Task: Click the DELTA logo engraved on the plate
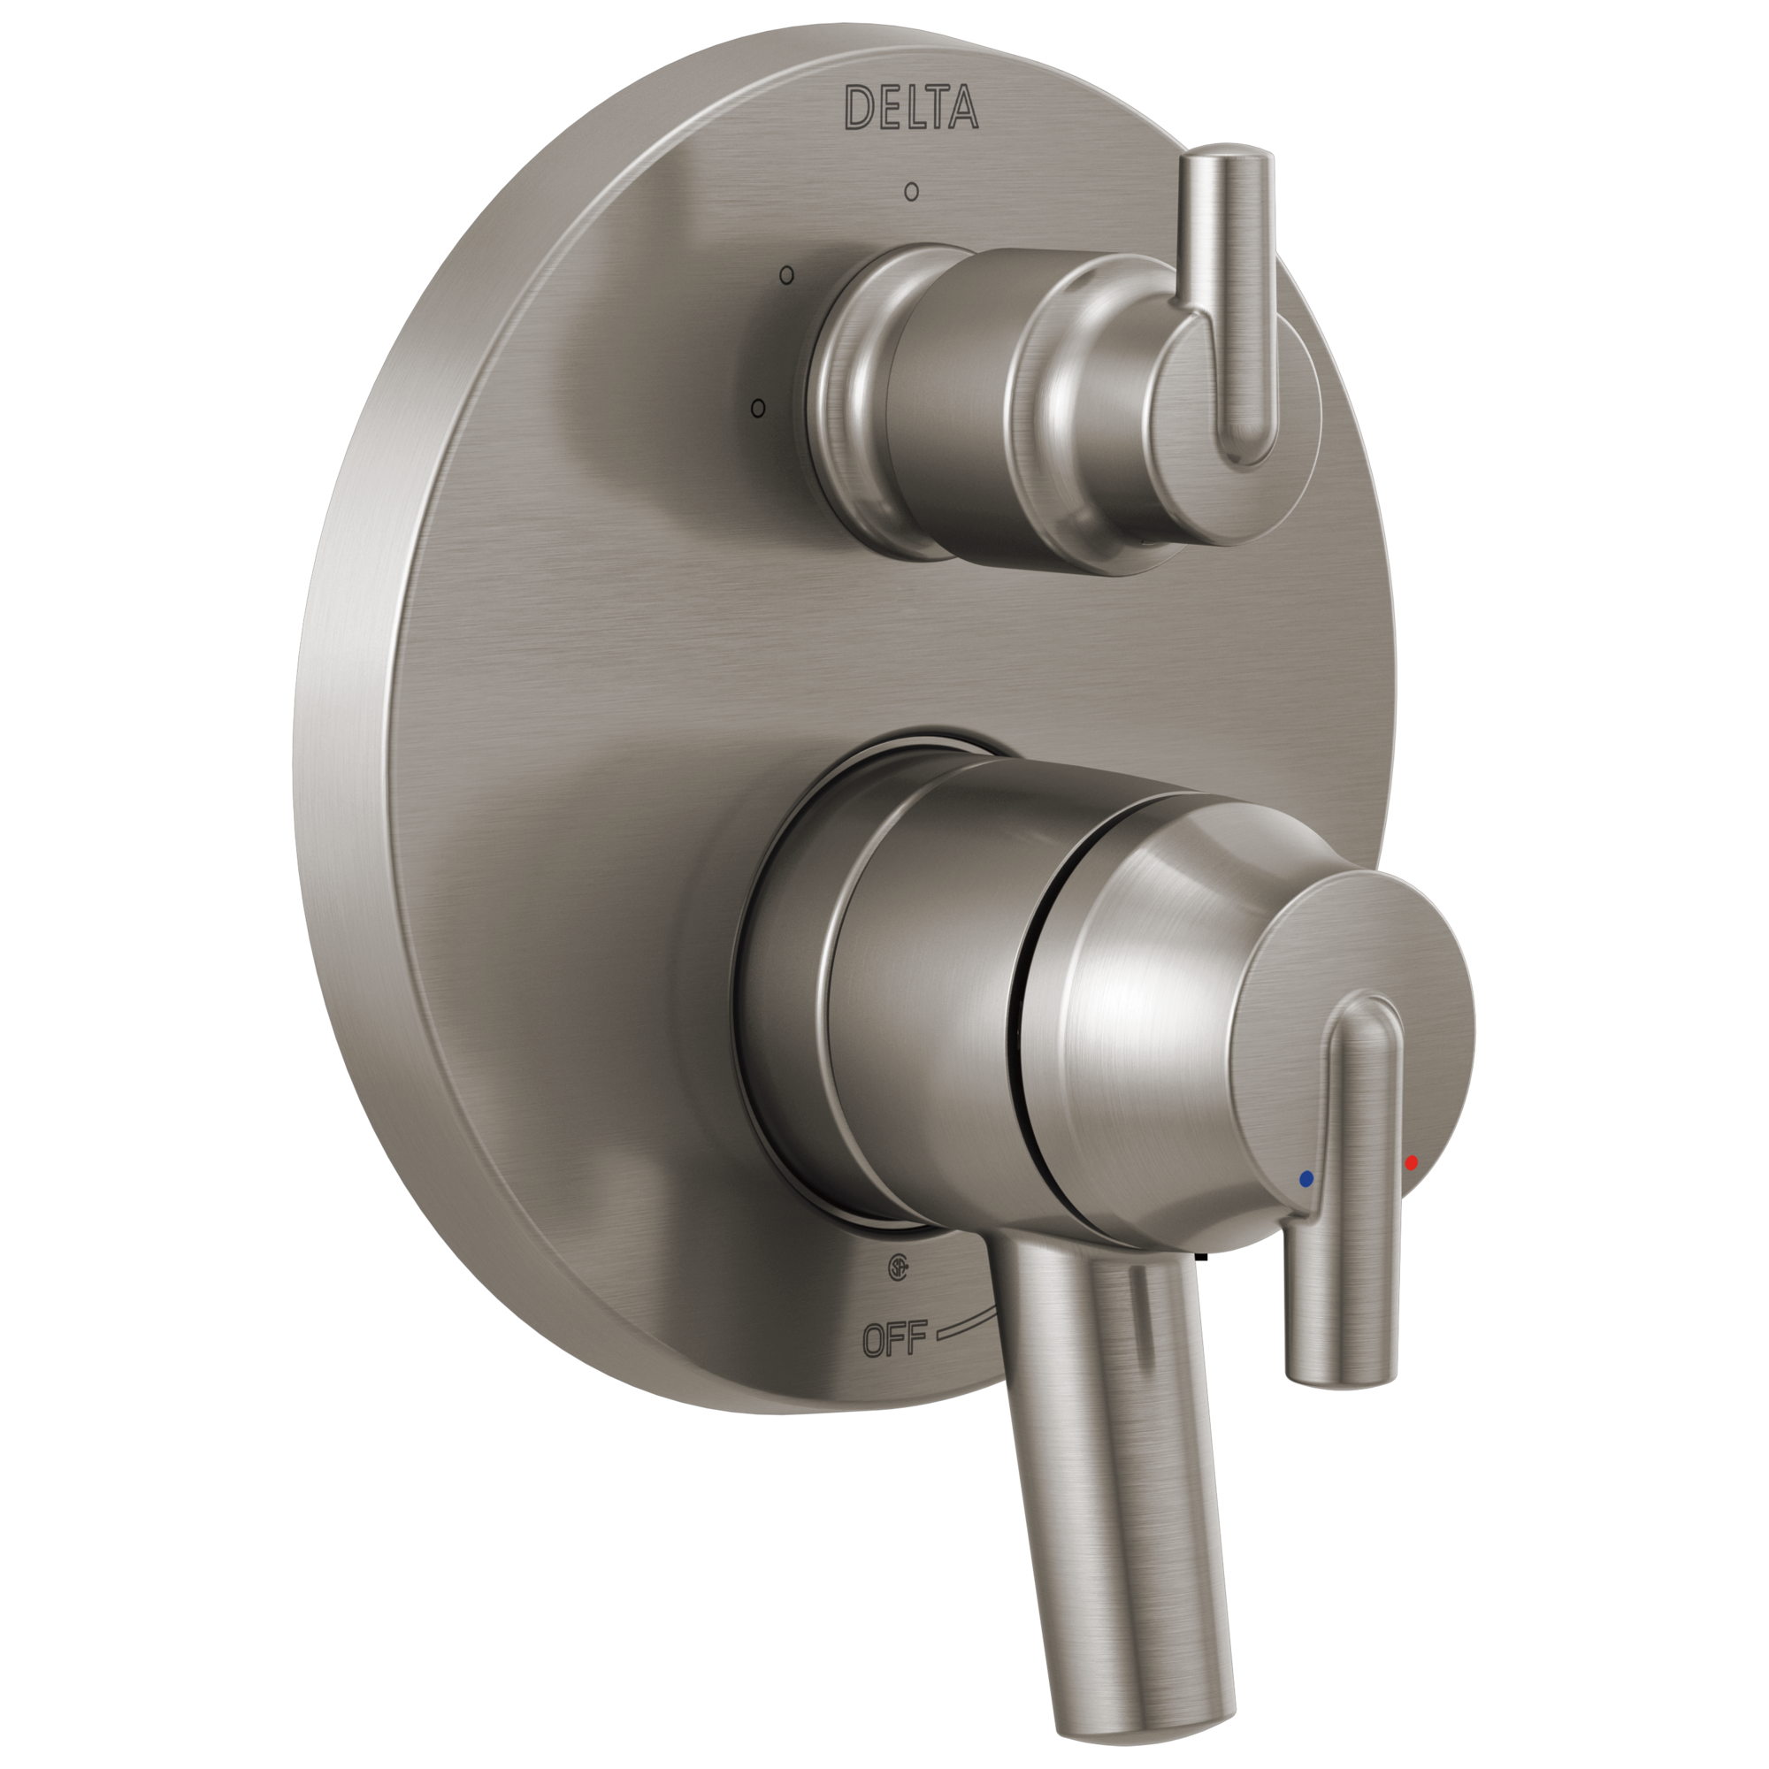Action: pyautogui.click(x=911, y=107)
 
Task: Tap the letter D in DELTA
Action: pyautogui.click(x=859, y=108)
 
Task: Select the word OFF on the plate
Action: pyautogui.click(x=894, y=1339)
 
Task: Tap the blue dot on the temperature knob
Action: pyautogui.click(x=1306, y=1178)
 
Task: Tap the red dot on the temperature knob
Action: pyautogui.click(x=1411, y=1163)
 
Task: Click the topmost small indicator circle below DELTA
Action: pyautogui.click(x=911, y=191)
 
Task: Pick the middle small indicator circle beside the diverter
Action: pyautogui.click(x=786, y=274)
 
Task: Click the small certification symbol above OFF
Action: pyautogui.click(x=897, y=1268)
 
